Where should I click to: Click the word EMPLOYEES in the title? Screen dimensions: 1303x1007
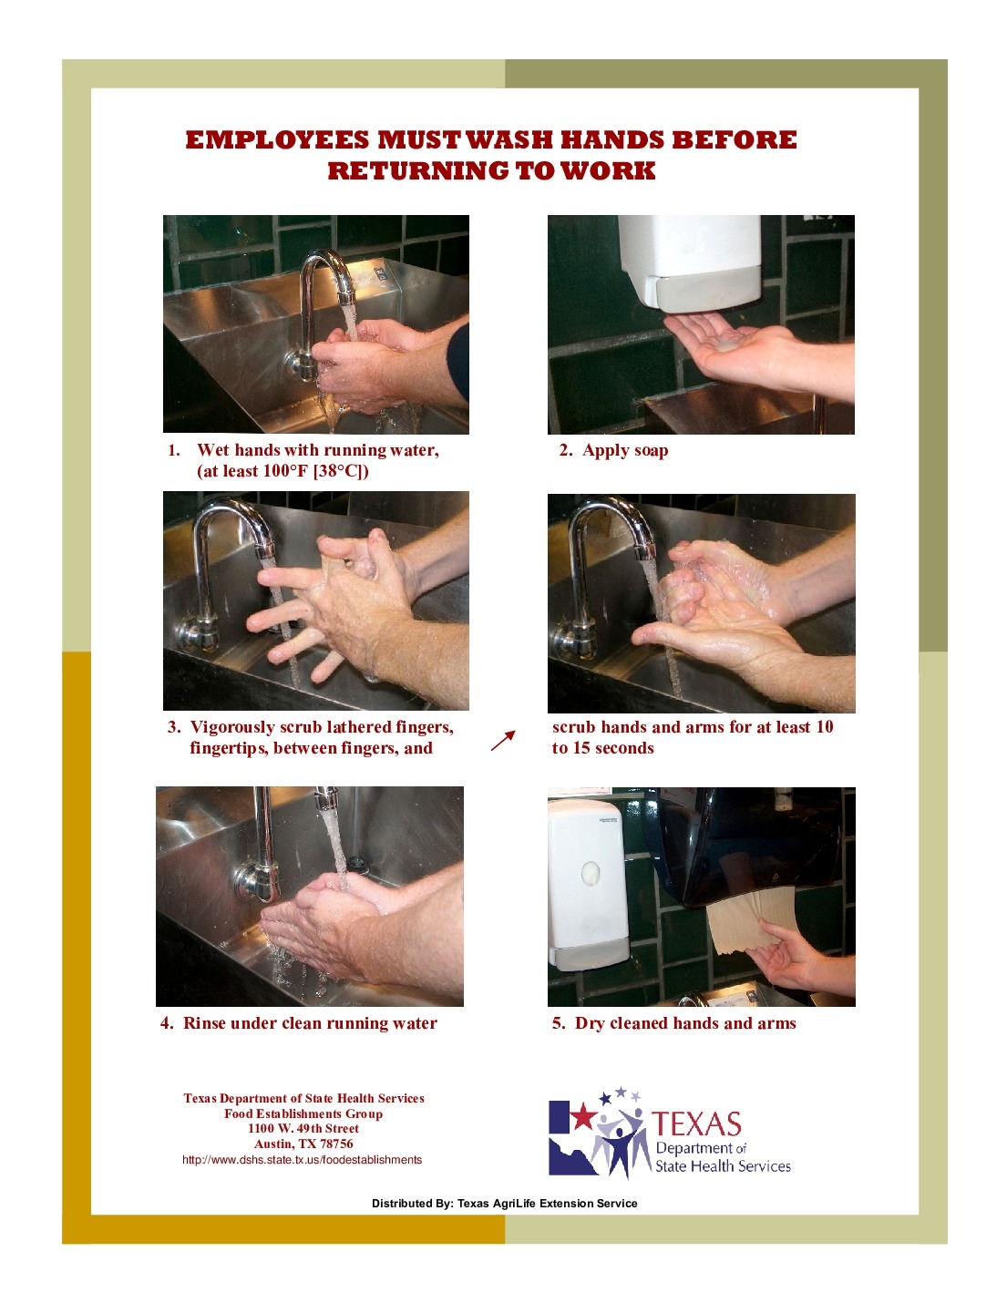pyautogui.click(x=277, y=140)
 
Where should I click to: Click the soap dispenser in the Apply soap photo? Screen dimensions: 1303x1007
pyautogui.click(x=690, y=262)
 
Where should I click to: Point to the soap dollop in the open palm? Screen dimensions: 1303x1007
pyautogui.click(x=728, y=344)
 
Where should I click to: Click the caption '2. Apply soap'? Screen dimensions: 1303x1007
pyautogui.click(x=613, y=450)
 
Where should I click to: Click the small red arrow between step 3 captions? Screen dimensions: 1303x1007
pyautogui.click(x=503, y=741)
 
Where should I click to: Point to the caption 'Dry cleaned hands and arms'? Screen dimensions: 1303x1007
pyautogui.click(x=684, y=1023)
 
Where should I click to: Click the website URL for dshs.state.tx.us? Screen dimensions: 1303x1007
pyautogui.click(x=302, y=1160)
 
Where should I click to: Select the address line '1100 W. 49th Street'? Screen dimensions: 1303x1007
pyautogui.click(x=303, y=1129)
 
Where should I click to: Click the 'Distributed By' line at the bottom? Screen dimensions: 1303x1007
pyautogui.click(x=504, y=1204)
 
